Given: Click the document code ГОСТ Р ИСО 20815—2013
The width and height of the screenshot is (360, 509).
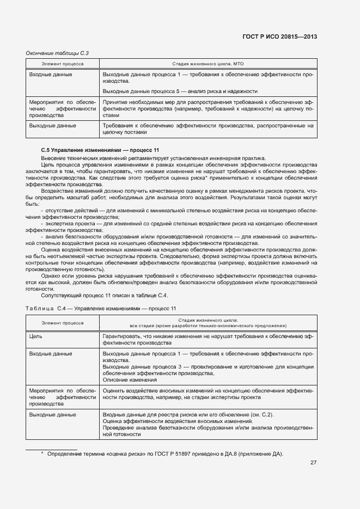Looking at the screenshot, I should click(279, 37).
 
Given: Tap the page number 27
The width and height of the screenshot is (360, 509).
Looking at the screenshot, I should click(313, 463).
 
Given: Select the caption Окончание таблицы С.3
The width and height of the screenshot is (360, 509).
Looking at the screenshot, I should click(58, 53).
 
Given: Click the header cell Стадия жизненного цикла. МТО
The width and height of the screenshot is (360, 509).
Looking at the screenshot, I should click(208, 64).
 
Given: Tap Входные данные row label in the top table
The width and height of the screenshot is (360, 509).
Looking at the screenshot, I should click(51, 74).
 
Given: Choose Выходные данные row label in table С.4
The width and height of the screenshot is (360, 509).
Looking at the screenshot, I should click(52, 415).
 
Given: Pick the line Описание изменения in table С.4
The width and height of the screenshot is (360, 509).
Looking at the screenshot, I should click(130, 380).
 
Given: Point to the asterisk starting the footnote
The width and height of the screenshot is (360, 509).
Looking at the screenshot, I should click(42, 453).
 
